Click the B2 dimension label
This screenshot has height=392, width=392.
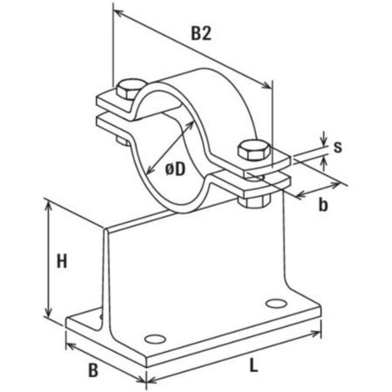[201, 33]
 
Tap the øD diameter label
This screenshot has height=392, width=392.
[175, 169]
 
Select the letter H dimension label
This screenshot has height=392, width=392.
[62, 261]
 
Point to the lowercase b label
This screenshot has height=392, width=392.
[323, 205]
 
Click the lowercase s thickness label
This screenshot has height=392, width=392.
[338, 147]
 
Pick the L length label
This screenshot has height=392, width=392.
[254, 365]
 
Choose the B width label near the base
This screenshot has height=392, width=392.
[93, 370]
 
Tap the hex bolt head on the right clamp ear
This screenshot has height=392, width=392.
[254, 151]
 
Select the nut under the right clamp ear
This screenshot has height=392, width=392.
[254, 201]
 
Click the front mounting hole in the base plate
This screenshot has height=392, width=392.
[155, 339]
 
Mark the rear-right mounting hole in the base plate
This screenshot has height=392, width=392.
[276, 304]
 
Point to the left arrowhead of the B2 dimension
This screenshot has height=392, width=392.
[119, 13]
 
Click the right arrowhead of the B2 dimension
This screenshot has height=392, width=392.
[265, 84]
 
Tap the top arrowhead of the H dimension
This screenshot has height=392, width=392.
[48, 207]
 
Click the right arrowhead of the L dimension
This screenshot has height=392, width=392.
[315, 333]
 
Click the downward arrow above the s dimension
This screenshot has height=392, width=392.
[324, 138]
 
